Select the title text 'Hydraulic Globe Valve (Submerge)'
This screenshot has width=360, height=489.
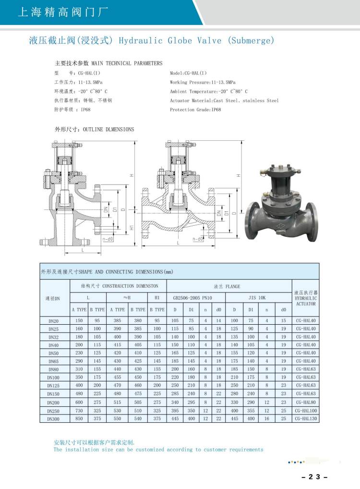196,41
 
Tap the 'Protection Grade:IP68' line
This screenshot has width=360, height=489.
195,110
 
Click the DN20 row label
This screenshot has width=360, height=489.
54,321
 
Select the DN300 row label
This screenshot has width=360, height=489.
54,419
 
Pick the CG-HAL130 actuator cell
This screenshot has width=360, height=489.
306,419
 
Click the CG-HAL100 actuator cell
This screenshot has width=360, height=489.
306,411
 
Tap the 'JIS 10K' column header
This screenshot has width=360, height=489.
257,297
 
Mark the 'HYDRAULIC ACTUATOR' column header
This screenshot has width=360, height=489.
306,298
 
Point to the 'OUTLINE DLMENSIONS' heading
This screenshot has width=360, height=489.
108,129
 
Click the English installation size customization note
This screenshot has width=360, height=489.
158,450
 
